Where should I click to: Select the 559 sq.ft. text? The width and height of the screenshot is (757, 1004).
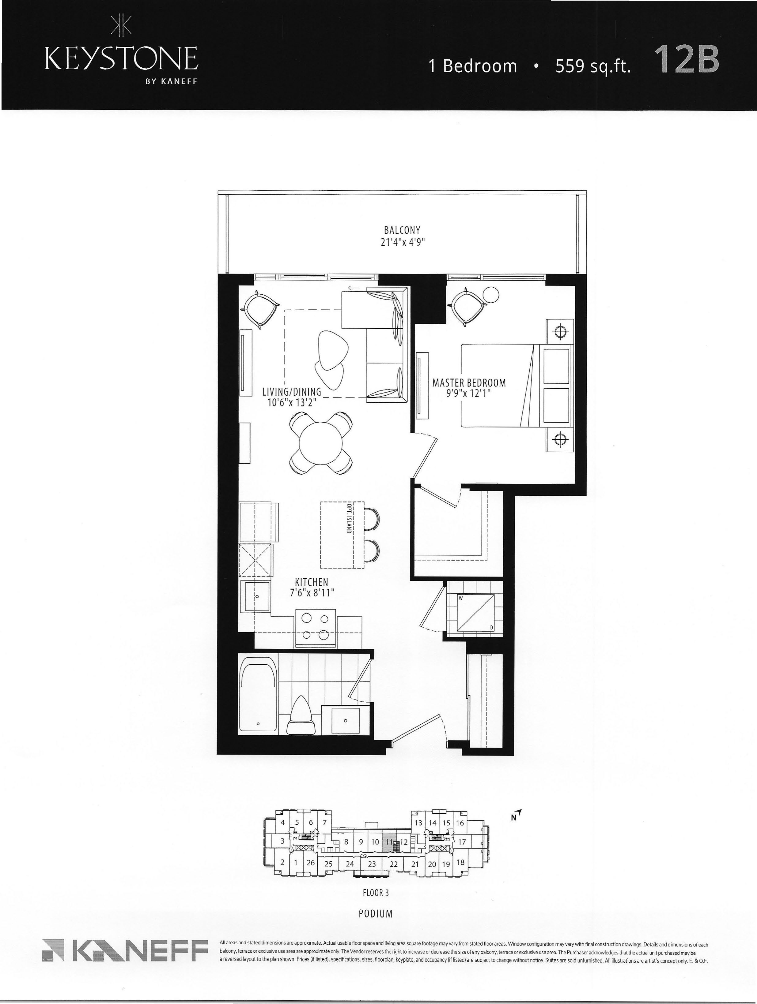tap(593, 66)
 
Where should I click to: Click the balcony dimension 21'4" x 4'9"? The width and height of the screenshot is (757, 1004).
tap(403, 241)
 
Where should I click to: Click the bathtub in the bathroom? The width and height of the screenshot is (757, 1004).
tap(258, 698)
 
